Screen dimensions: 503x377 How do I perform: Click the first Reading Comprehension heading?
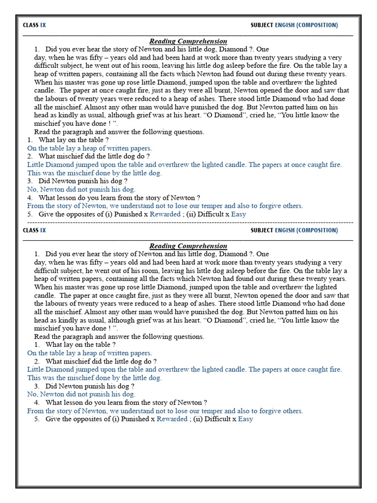(x=188, y=41)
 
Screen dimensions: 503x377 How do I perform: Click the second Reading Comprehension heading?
(x=188, y=246)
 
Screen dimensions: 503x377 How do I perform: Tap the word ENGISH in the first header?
(x=285, y=25)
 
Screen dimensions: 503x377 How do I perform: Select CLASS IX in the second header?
(x=34, y=230)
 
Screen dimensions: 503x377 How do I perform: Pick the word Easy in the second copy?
(x=245, y=419)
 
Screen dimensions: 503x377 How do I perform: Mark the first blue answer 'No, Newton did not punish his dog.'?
(x=81, y=189)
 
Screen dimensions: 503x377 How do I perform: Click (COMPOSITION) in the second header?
(x=317, y=230)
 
